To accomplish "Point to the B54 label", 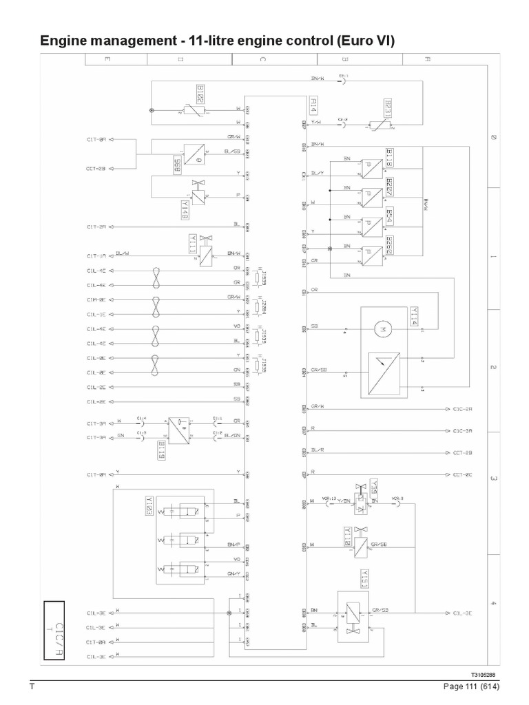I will (x=389, y=216).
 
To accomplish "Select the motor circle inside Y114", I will (x=377, y=331).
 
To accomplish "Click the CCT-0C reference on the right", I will (x=462, y=474).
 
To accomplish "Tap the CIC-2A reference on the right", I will (x=463, y=409).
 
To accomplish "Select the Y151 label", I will (x=364, y=577).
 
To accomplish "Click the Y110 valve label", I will (x=348, y=534).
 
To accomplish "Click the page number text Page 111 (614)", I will (x=466, y=688).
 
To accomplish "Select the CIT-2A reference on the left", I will (x=96, y=226).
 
